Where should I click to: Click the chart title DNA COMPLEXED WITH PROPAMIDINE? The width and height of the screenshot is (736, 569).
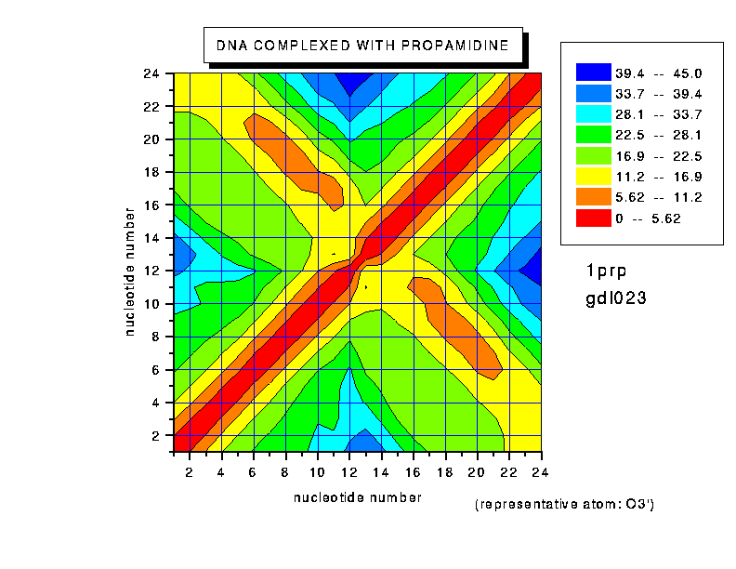(x=362, y=45)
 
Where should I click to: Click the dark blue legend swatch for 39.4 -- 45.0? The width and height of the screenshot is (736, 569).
(x=592, y=73)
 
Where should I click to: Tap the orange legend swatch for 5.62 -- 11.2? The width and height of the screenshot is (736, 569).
(x=592, y=197)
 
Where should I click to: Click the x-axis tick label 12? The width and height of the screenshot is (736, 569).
(x=349, y=471)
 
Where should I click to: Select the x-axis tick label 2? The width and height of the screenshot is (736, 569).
(x=190, y=471)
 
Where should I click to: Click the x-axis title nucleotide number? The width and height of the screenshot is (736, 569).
(x=357, y=497)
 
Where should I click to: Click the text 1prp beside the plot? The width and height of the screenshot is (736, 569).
(x=607, y=271)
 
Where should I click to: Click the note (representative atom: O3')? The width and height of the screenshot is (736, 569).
(x=564, y=505)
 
